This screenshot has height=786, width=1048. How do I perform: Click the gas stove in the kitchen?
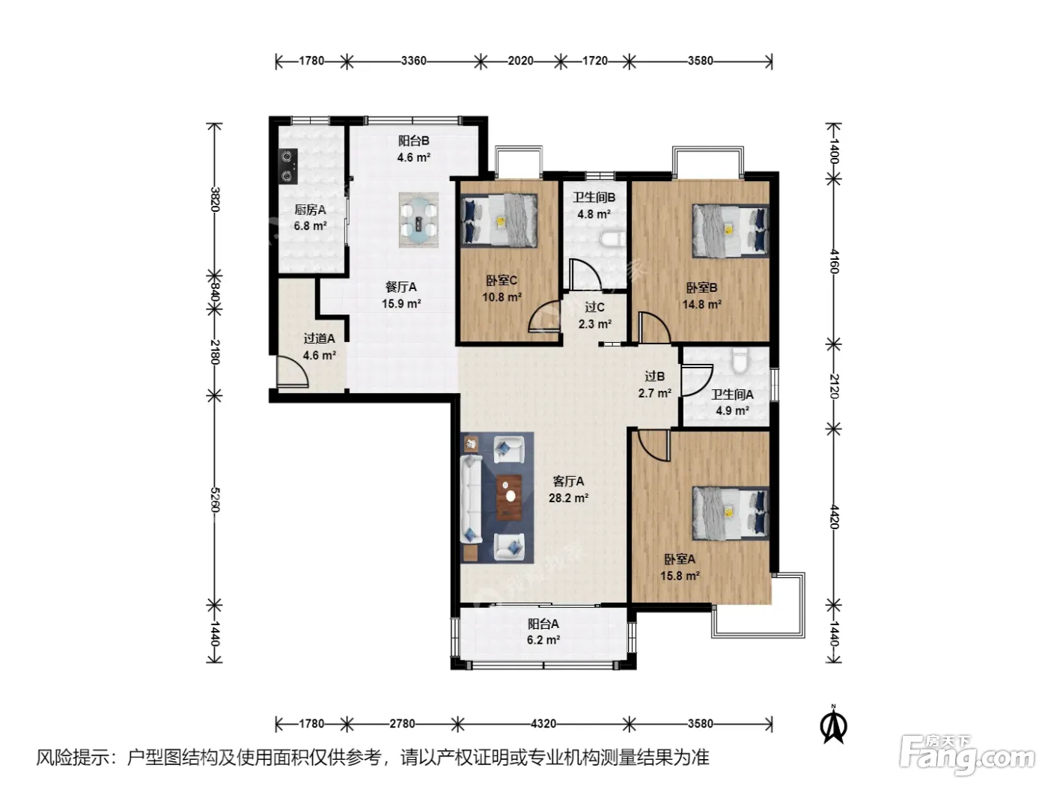click(x=288, y=165)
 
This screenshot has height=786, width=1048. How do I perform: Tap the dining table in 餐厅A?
click(x=418, y=220)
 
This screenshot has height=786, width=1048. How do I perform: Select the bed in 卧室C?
click(x=499, y=220)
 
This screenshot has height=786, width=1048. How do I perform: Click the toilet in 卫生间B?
click(x=613, y=240)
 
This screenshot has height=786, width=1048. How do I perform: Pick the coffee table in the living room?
click(x=509, y=497)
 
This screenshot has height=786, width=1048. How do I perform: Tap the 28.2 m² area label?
click(x=568, y=499)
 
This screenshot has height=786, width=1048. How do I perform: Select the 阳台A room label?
click(x=543, y=624)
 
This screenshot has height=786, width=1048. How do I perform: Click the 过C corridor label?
click(x=594, y=308)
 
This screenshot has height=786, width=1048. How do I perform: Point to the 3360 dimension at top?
click(x=413, y=61)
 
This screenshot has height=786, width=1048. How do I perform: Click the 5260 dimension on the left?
click(x=215, y=499)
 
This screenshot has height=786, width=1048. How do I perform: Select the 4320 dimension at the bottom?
click(x=543, y=723)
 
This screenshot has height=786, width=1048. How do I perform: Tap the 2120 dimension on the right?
click(x=834, y=386)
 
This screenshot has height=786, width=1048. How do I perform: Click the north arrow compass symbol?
click(x=833, y=725)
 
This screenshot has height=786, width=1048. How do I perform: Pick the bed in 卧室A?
click(x=731, y=514)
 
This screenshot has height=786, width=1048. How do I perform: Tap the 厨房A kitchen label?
click(x=310, y=210)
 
